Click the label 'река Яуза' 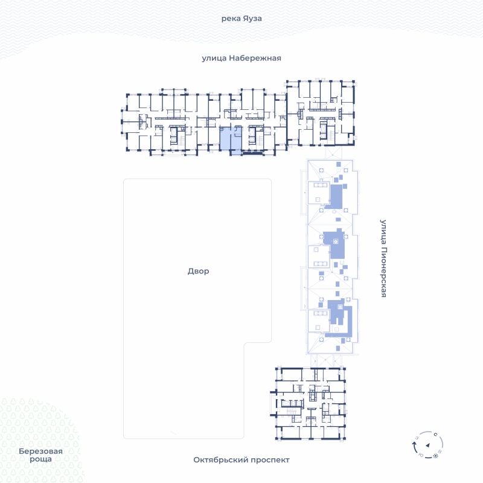point(241,19)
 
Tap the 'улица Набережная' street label point(241,58)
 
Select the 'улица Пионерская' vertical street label point(383,258)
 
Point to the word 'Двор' point(199,271)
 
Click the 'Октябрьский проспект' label point(241,460)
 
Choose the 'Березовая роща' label point(40,455)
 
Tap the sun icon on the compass point(435,456)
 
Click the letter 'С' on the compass point(435,435)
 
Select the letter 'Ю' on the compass point(421,455)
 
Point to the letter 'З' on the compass point(417,438)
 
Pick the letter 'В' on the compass point(440,452)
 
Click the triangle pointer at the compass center point(428,445)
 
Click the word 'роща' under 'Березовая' point(40,459)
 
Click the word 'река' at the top point(231,19)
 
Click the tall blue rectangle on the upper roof point(336,197)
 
